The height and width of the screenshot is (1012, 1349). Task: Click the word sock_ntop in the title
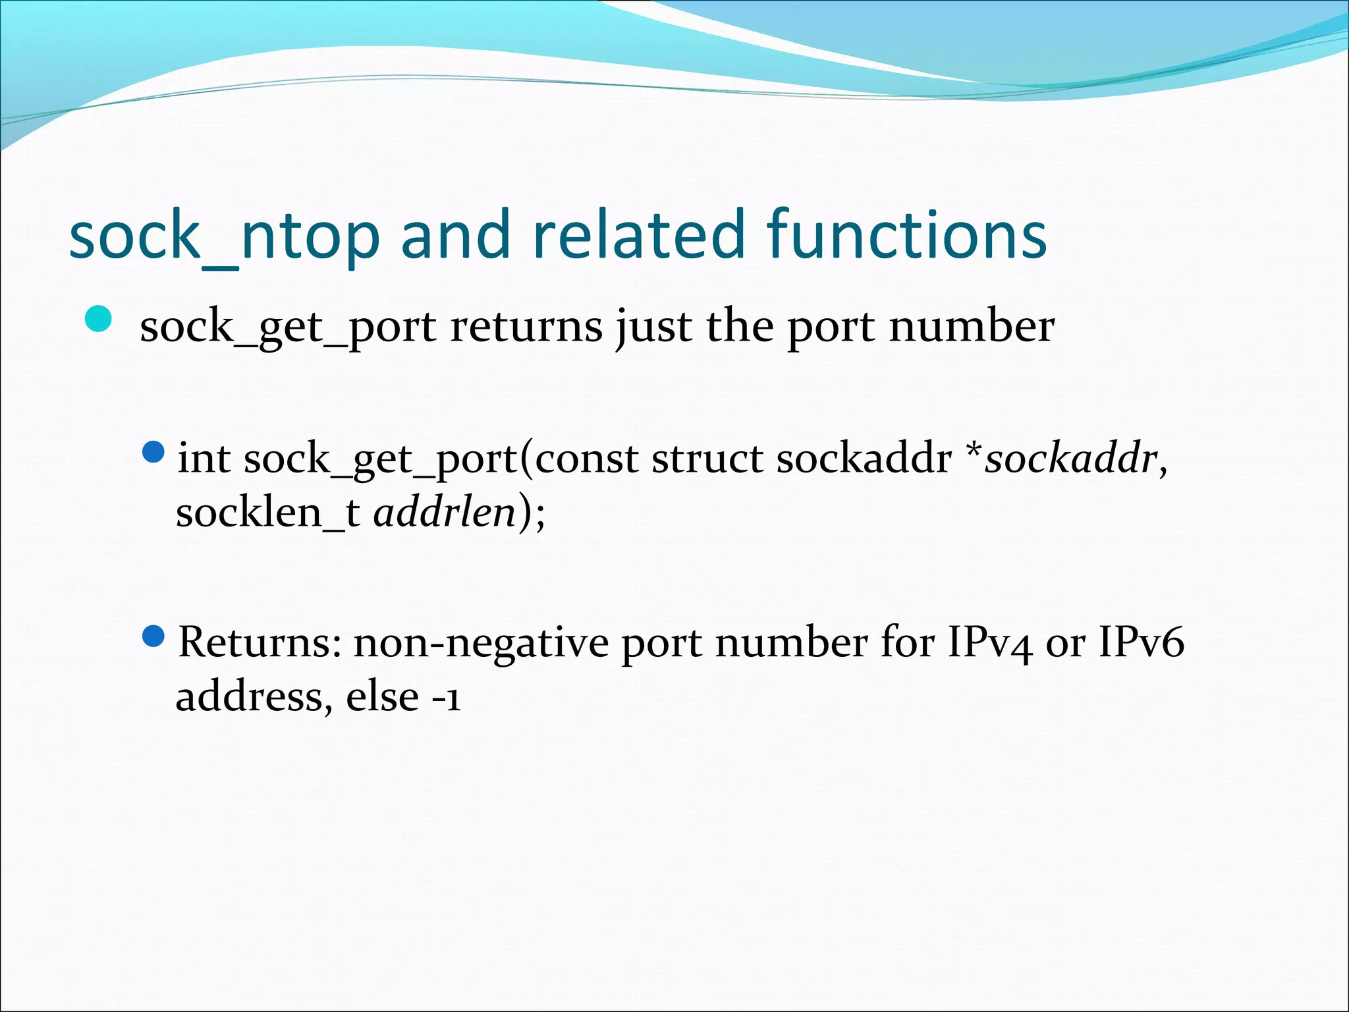224,236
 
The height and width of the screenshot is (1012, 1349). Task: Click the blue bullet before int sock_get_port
153,452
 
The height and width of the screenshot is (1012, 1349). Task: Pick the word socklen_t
267,513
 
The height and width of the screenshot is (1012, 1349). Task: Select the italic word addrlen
445,513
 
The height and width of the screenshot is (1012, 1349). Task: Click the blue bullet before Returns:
153,636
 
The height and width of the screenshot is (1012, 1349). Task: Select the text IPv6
1141,642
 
